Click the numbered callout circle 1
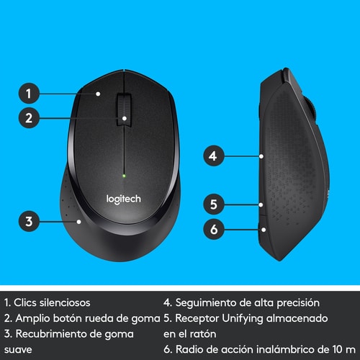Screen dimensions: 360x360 pyautogui.click(x=28, y=93)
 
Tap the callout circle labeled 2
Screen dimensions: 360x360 pyautogui.click(x=28, y=119)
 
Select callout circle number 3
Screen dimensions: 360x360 pyautogui.click(x=28, y=222)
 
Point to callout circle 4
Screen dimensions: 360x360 pyautogui.click(x=212, y=155)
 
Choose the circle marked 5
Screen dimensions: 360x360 pyautogui.click(x=212, y=204)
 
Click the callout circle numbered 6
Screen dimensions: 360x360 pyautogui.click(x=212, y=230)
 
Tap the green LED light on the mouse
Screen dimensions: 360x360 pyautogui.click(x=125, y=175)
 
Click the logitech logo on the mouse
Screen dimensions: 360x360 pyautogui.click(x=125, y=197)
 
